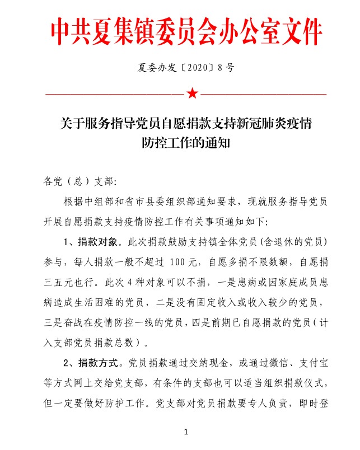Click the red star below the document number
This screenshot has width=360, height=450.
click(x=192, y=93)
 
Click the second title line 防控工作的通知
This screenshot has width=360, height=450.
click(x=188, y=143)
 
